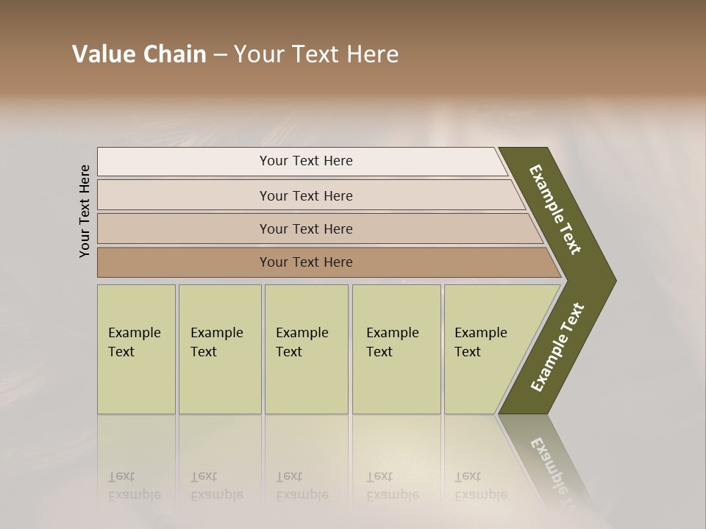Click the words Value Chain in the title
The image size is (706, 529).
pyautogui.click(x=139, y=54)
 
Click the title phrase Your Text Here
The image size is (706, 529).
pyautogui.click(x=316, y=54)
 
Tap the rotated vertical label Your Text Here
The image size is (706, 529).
pyautogui.click(x=85, y=211)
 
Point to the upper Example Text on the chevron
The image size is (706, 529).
pyautogui.click(x=555, y=209)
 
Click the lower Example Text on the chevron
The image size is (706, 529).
pyautogui.click(x=557, y=347)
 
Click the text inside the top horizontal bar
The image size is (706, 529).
pyautogui.click(x=306, y=161)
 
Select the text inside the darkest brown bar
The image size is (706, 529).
pyautogui.click(x=306, y=262)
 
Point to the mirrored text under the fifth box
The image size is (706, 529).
pyautogui.click(x=480, y=486)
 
